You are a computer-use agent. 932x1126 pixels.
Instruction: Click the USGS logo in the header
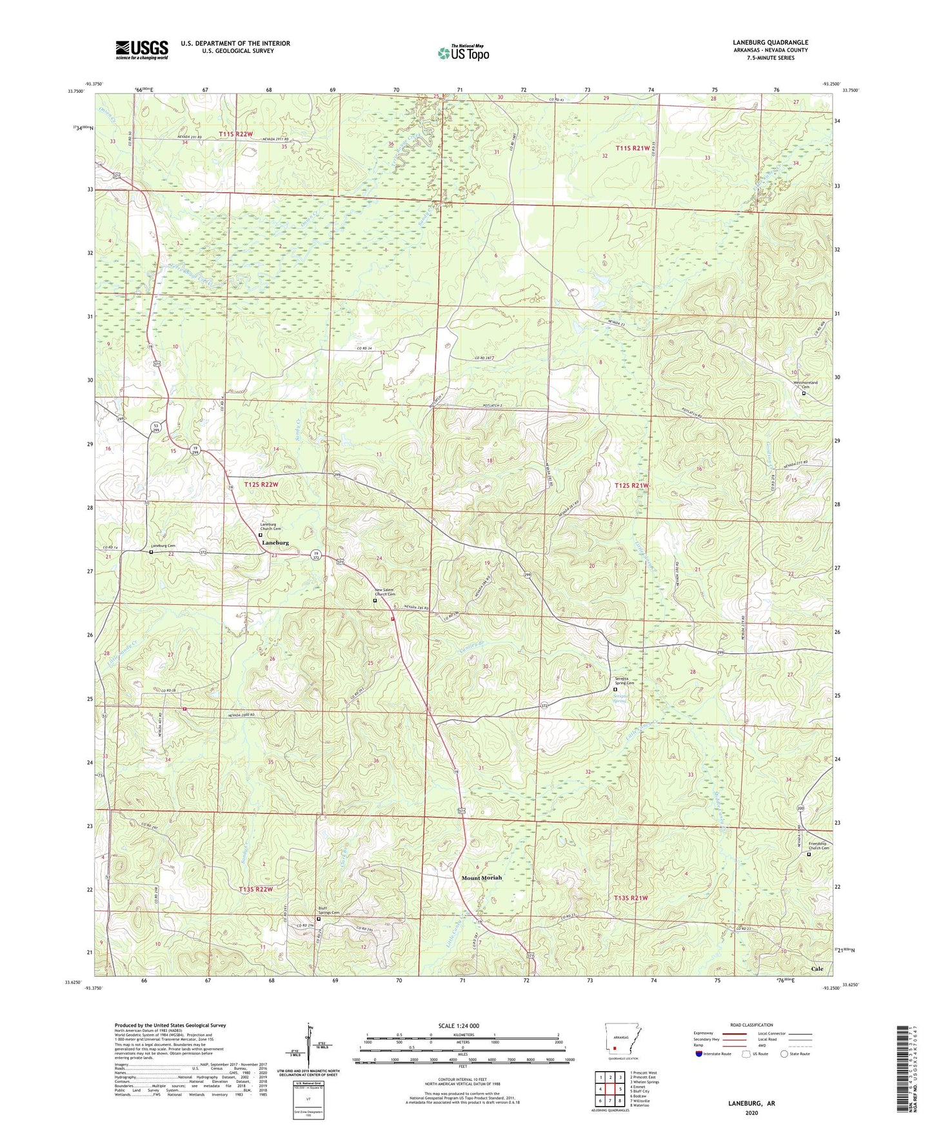click(141, 50)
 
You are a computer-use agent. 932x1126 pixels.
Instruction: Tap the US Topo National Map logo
click(463, 52)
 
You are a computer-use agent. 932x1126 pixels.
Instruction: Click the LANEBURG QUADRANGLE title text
click(770, 43)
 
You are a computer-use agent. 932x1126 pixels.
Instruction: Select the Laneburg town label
click(275, 543)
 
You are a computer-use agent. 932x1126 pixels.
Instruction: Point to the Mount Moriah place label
click(481, 878)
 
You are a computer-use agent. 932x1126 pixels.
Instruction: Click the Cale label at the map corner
click(817, 969)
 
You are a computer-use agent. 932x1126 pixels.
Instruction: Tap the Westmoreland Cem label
click(804, 384)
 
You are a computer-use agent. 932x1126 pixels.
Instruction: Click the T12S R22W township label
click(261, 484)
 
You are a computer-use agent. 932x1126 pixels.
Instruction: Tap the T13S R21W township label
click(631, 897)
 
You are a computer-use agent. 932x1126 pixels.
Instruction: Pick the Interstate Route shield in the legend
click(699, 1054)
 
